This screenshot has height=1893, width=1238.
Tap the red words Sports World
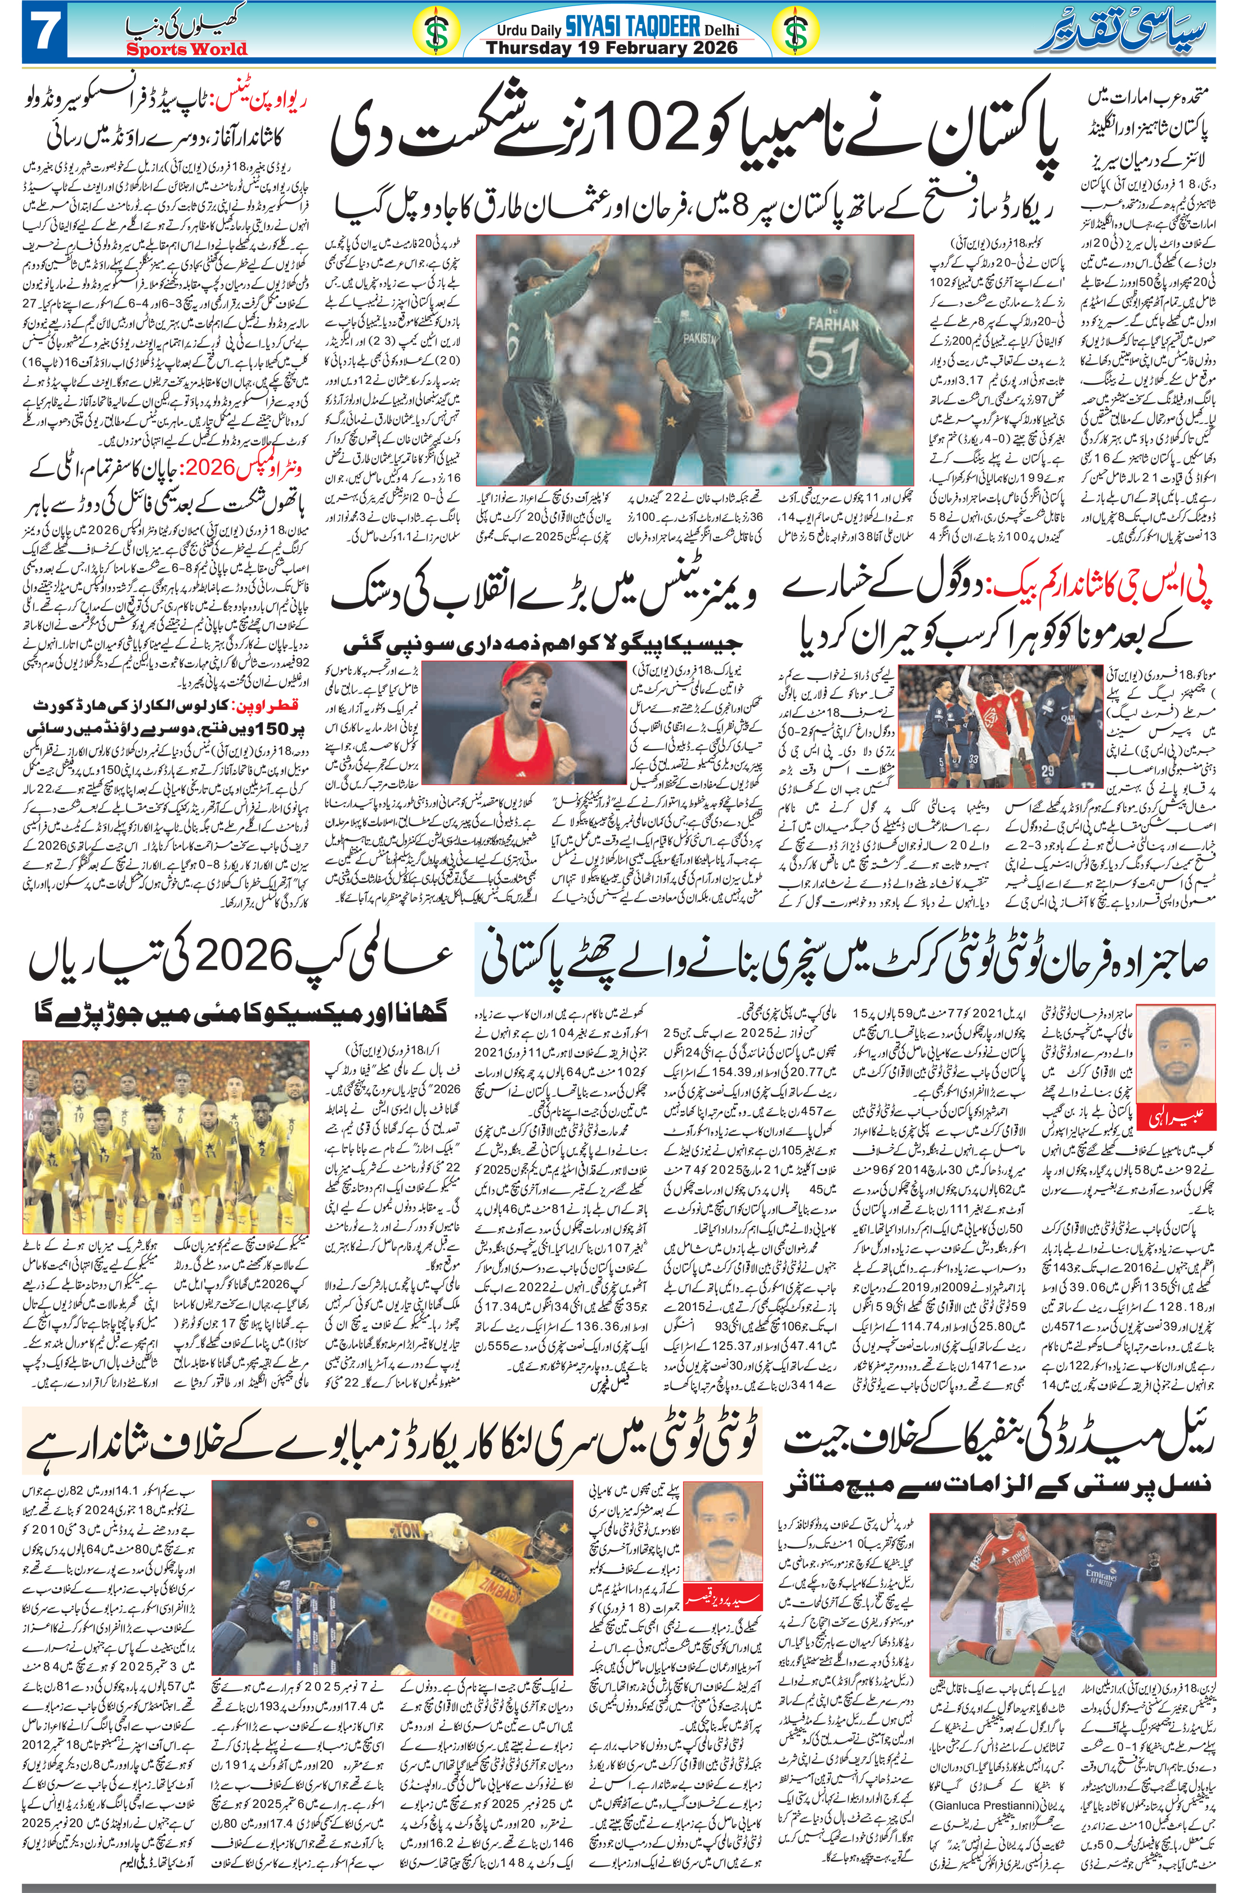pos(187,48)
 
